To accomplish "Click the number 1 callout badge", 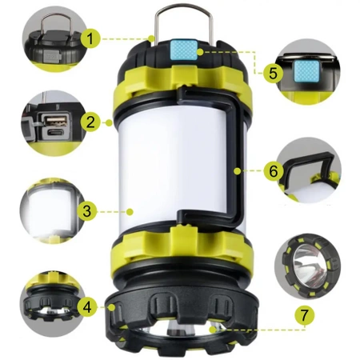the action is point(90,38).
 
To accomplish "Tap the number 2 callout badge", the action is point(90,122).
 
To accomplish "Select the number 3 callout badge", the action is point(87,211).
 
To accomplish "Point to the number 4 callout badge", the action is point(87,307).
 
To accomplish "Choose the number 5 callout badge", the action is point(273,73).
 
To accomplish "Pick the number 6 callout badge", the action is point(274,171).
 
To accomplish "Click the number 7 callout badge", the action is point(304,315).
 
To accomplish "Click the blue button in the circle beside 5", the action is point(307,71).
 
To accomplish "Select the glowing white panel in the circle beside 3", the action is point(50,209).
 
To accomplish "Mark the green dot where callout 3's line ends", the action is point(130,212).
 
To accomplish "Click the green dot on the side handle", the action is point(237,171).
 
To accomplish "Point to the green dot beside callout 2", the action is point(109,122).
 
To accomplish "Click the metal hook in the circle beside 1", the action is point(56,22).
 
